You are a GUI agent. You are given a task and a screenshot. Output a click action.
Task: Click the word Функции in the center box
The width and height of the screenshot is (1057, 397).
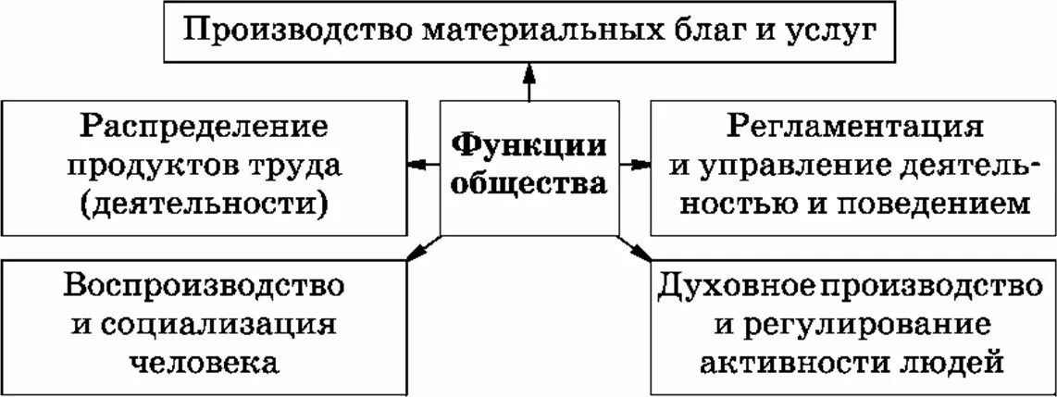click(x=528, y=145)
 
